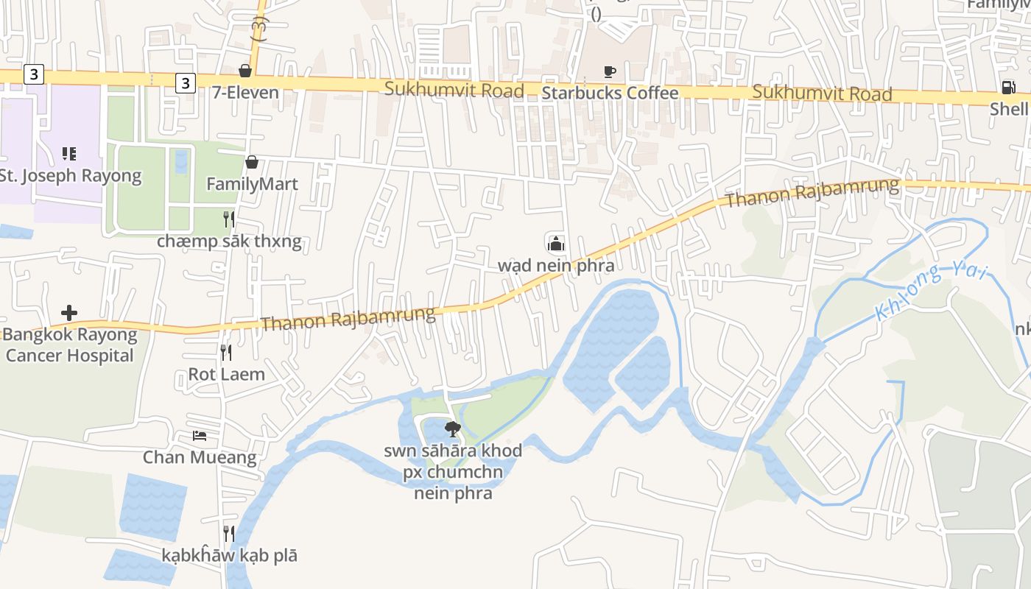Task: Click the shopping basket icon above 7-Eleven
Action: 245,71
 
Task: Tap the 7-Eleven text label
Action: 245,93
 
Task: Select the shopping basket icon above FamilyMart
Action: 252,162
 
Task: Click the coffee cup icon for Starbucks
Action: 609,71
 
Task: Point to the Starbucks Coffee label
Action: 609,93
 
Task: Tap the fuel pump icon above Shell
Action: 1007,88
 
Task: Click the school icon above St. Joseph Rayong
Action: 69,154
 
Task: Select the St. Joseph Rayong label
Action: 70,176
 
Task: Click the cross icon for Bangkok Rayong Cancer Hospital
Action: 69,313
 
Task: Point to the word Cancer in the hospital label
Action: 38,356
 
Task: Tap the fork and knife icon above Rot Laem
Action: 226,353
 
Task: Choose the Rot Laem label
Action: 226,374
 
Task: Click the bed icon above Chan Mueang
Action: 200,436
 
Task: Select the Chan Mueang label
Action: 200,457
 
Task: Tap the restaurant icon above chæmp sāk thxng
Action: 229,219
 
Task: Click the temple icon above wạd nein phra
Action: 555,243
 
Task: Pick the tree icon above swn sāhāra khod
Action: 452,429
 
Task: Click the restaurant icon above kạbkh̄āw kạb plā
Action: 229,533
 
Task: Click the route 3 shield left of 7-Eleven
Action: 185,83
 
